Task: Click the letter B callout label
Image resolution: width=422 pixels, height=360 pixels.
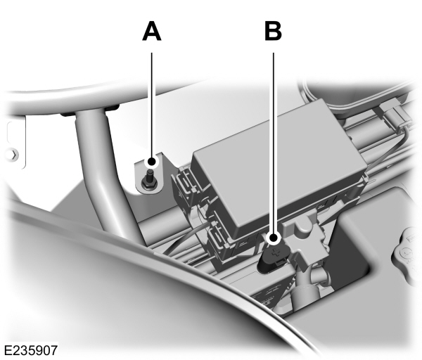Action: tap(272, 32)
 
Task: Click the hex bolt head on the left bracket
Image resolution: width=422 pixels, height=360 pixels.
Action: tap(8, 153)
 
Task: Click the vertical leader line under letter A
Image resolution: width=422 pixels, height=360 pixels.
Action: tap(151, 105)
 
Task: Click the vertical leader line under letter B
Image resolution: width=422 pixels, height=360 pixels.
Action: tap(273, 141)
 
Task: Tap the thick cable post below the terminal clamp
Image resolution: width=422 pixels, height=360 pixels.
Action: tap(303, 288)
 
